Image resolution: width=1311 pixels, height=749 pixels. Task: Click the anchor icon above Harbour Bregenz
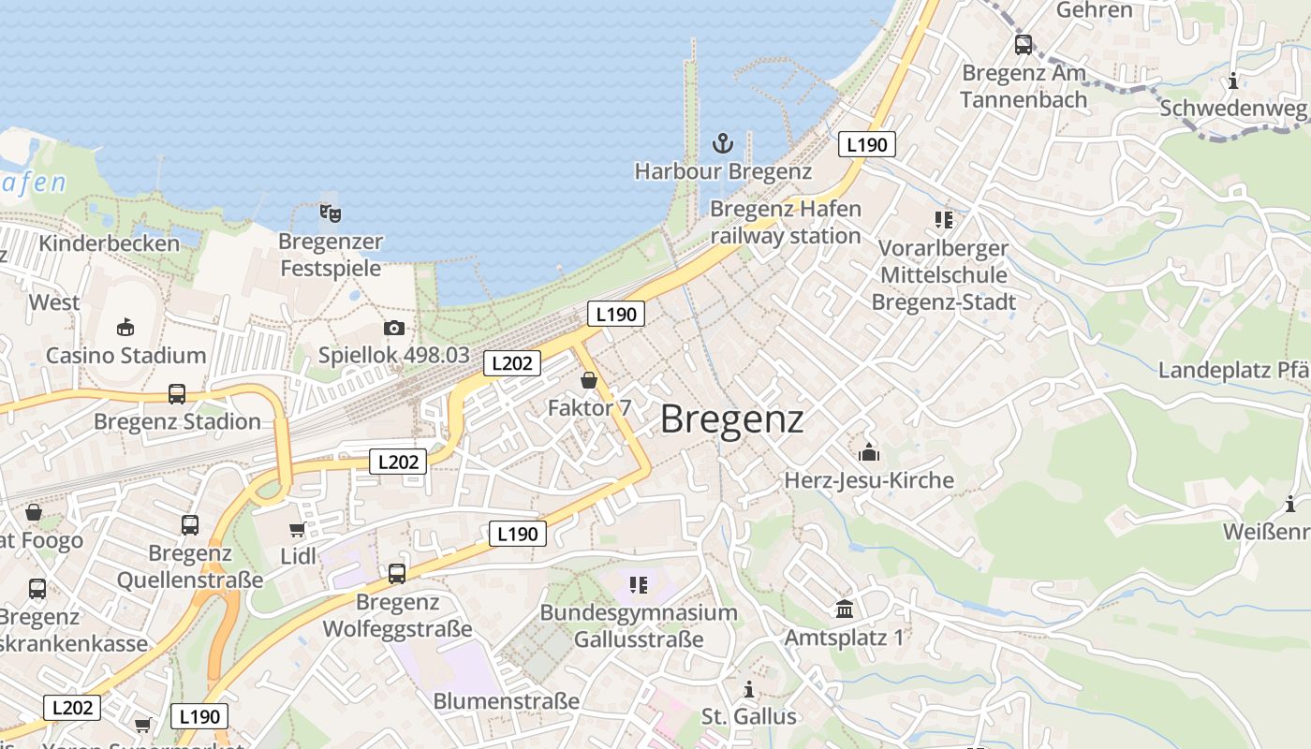tap(722, 143)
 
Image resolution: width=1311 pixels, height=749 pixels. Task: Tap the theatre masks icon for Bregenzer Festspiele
tap(330, 213)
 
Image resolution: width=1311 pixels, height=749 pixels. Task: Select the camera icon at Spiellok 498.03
tap(394, 328)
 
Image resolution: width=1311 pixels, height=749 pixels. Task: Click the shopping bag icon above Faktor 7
tap(589, 380)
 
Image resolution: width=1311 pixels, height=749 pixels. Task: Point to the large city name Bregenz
tap(731, 419)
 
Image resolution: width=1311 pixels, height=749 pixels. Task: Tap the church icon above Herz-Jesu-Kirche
tap(869, 452)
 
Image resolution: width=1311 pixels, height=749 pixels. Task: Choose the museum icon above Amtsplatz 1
tap(845, 609)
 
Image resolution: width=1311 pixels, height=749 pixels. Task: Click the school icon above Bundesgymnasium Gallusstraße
tap(639, 585)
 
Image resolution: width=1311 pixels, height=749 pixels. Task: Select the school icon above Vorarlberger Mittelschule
tap(943, 220)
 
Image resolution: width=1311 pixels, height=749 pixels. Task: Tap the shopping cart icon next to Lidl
tap(298, 530)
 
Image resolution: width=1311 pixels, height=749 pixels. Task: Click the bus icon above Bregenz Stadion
tap(177, 393)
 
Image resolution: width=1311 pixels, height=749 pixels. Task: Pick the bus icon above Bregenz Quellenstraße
tap(190, 525)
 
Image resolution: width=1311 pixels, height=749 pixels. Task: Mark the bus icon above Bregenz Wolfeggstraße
tap(397, 574)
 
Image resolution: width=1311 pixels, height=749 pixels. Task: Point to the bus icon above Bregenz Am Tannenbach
tap(1024, 44)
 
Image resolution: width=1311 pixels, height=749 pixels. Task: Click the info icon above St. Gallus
tap(748, 690)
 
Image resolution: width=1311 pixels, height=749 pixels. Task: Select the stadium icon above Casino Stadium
tap(125, 327)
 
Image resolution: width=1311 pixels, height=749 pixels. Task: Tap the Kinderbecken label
tap(110, 243)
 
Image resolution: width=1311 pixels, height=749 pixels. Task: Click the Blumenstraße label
tap(507, 700)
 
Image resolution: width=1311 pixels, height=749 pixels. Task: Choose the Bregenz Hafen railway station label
tap(785, 222)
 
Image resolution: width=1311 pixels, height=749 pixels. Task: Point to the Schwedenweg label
tap(1232, 109)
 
